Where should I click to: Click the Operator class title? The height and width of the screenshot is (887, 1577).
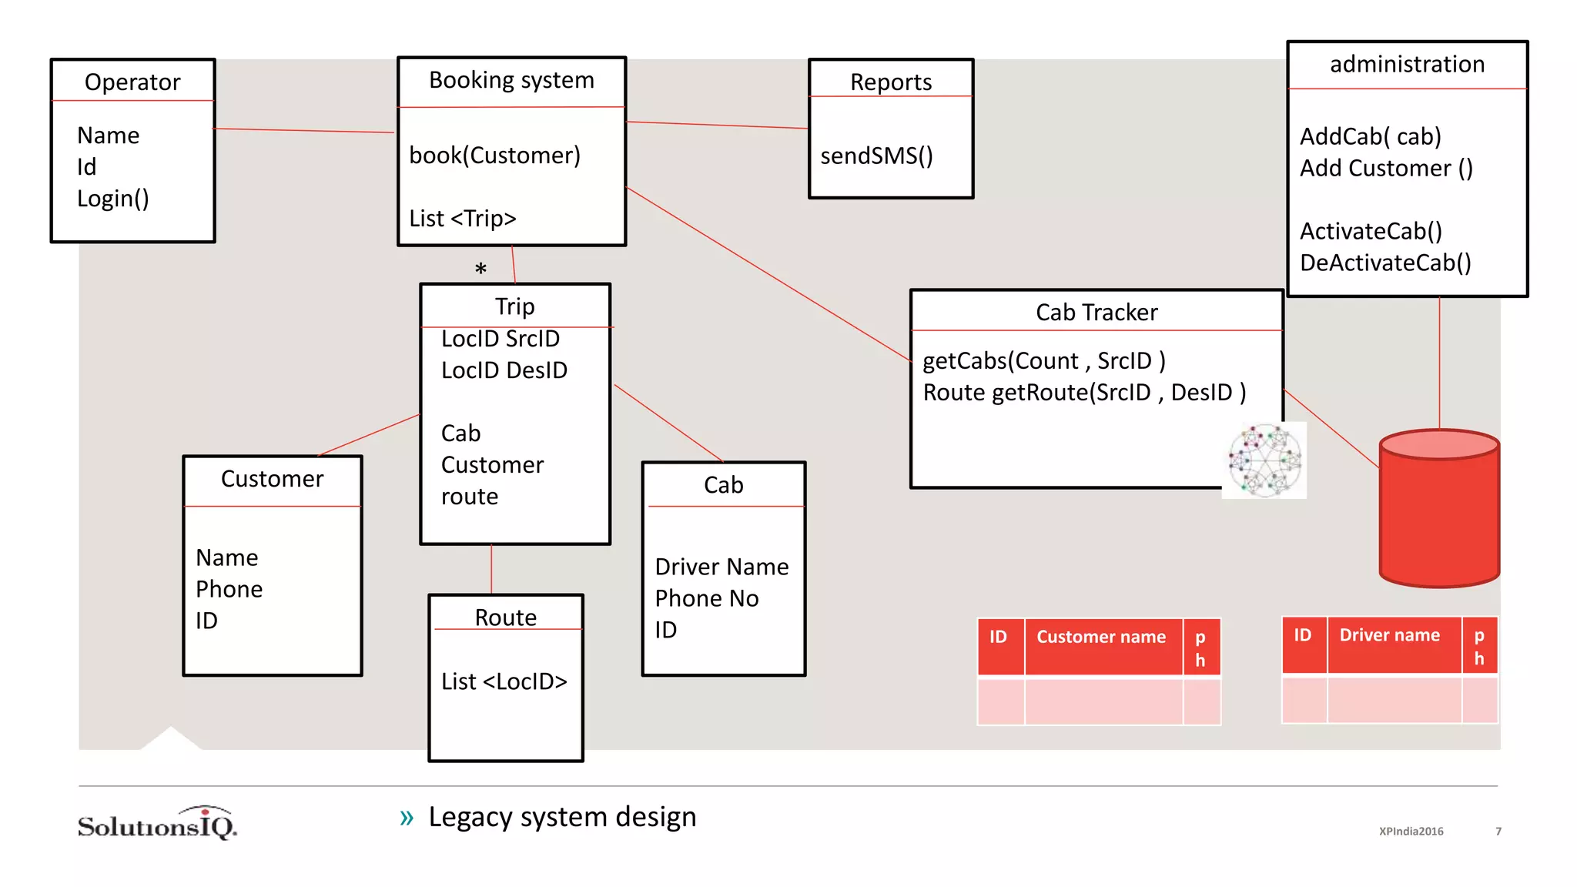132,82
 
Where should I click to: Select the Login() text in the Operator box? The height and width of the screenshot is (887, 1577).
113,199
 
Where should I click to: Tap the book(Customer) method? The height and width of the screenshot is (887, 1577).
494,156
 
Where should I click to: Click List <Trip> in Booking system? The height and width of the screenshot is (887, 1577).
462,219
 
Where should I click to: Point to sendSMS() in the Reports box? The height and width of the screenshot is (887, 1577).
876,156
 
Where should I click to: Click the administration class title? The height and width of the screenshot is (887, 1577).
1407,64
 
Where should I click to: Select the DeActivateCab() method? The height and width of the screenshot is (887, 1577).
1385,263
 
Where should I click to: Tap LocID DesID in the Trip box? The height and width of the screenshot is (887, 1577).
504,370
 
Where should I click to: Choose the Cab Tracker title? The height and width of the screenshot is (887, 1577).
1097,313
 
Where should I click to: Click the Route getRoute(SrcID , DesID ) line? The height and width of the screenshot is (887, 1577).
1084,393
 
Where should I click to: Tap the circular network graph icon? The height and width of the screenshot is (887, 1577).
1264,460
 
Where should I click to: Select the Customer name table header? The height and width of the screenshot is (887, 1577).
1101,638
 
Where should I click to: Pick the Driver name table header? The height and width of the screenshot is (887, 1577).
1389,635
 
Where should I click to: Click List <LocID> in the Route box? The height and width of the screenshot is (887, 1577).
504,681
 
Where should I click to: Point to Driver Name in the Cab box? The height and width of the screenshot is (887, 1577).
722,567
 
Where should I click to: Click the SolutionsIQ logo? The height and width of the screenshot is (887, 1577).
158,825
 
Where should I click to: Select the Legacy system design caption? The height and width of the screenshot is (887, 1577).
562,817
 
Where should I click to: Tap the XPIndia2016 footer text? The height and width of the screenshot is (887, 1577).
1411,832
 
